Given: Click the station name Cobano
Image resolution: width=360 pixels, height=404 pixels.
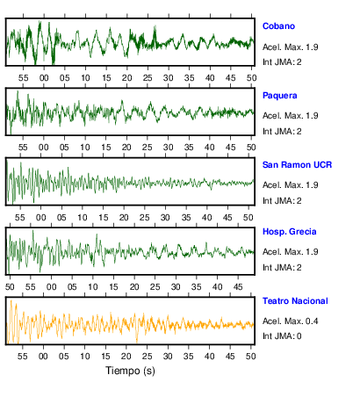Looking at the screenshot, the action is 278,26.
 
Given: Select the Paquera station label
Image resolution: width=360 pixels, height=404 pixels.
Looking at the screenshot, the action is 280,96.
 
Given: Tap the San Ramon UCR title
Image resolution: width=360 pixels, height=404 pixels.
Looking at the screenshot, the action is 297,165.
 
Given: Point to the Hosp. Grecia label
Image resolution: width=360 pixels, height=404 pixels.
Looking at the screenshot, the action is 289,232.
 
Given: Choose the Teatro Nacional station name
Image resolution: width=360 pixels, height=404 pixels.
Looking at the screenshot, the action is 295,301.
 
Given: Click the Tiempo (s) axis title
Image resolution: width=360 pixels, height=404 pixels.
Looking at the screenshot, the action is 130,371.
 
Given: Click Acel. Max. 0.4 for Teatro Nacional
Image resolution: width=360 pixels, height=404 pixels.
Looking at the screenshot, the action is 290,321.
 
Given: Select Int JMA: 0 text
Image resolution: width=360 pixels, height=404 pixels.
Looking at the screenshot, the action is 282,336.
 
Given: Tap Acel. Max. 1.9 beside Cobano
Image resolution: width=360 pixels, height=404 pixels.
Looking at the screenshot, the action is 290,47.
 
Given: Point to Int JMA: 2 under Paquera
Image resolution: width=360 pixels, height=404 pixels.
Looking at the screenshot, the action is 282,132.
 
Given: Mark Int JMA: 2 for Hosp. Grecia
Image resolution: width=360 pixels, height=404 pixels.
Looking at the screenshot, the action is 282,268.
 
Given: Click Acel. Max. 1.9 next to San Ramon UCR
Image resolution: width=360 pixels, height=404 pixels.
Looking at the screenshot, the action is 290,185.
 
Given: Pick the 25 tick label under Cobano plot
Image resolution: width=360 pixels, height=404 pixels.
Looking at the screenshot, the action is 148,78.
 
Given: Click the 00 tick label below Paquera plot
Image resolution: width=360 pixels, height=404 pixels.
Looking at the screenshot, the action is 44,148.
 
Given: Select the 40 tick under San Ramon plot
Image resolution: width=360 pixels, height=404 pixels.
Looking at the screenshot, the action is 206,218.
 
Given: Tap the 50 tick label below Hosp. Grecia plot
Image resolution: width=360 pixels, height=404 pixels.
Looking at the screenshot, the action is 10,287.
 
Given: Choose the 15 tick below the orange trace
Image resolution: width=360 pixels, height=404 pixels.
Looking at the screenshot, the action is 105,357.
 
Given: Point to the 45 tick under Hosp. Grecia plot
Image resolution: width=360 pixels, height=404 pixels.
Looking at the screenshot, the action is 238,287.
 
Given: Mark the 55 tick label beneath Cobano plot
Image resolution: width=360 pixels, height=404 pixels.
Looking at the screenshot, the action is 23,78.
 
